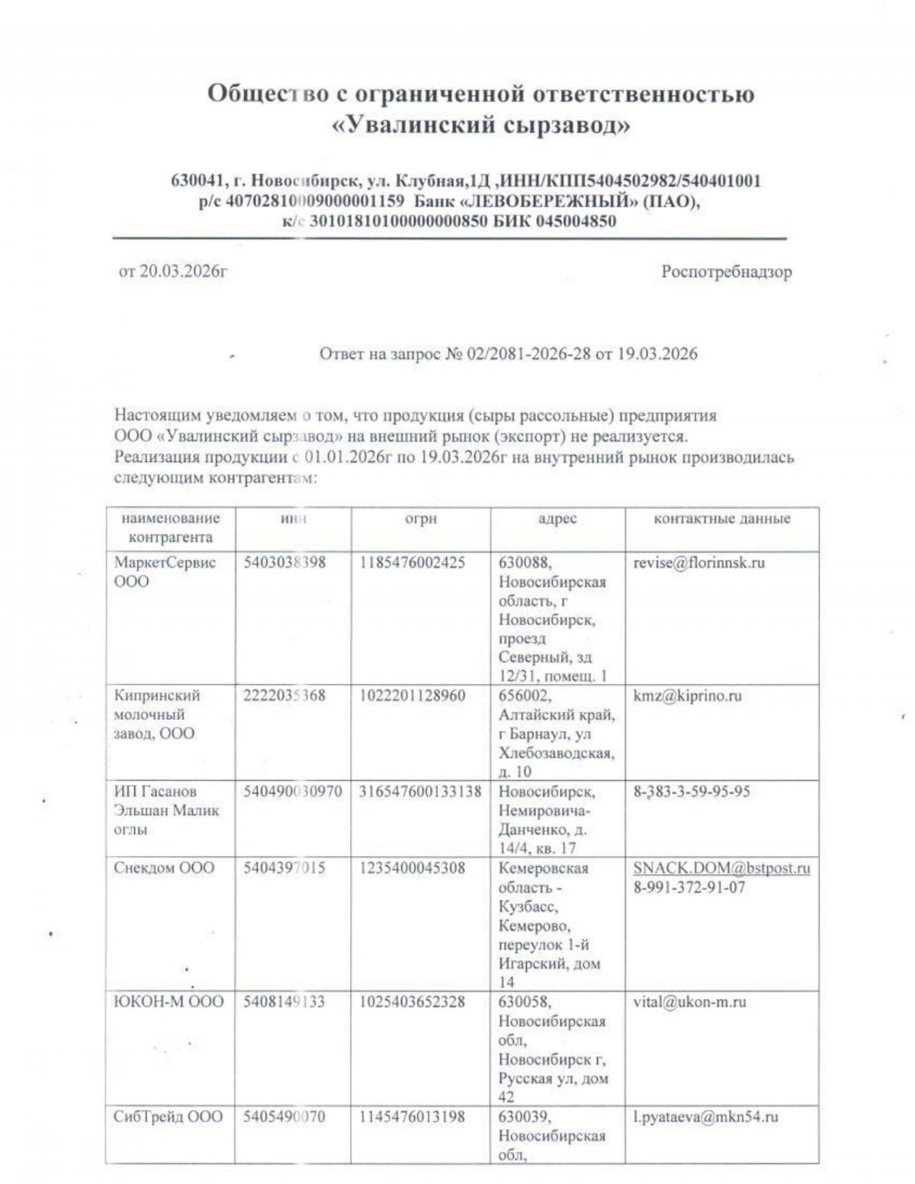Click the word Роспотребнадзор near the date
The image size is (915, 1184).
(x=726, y=272)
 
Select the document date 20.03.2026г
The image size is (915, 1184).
(x=183, y=271)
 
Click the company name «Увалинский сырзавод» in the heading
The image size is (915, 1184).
(x=481, y=124)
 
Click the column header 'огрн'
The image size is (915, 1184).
(x=420, y=518)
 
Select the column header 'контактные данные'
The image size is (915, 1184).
(x=721, y=518)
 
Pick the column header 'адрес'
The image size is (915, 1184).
(x=557, y=518)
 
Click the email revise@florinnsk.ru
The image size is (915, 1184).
(x=698, y=563)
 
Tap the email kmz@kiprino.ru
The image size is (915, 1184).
(x=687, y=695)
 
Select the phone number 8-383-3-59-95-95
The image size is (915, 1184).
(x=692, y=791)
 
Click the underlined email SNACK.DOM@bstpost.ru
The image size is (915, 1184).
(x=721, y=868)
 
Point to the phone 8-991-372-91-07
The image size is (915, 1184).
(x=689, y=887)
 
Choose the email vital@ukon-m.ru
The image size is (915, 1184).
(x=689, y=1002)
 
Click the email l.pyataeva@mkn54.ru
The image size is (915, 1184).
(x=705, y=1117)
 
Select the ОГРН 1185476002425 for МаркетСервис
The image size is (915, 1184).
(x=412, y=563)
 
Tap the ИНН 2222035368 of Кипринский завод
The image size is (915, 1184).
(x=284, y=695)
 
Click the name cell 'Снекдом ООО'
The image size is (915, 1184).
(x=164, y=868)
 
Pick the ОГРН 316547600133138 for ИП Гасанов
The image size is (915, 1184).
(x=420, y=791)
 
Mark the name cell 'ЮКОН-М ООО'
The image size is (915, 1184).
(x=169, y=1002)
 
